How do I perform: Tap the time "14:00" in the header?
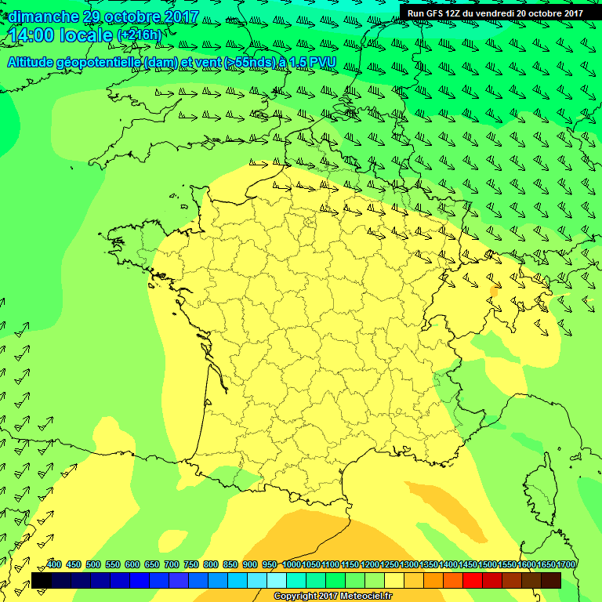pos(33,35)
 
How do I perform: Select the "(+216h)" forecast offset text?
pos(139,36)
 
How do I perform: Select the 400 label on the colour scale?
pos(54,565)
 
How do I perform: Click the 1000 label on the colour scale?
pos(292,565)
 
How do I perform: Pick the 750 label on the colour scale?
pos(190,565)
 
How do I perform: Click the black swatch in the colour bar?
pos(42,581)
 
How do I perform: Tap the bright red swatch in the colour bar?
pos(473,581)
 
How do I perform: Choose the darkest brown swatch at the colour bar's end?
pos(551,581)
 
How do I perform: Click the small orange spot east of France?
pos(494,291)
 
